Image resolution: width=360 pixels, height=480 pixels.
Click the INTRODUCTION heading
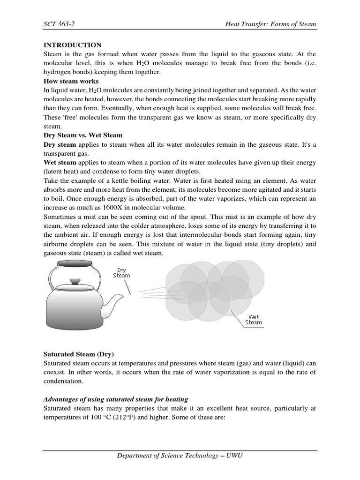(72, 45)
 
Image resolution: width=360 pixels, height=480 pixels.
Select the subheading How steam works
(71, 81)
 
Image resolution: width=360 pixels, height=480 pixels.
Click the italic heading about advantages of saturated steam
(116, 399)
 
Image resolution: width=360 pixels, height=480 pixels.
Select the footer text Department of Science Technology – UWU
(180, 456)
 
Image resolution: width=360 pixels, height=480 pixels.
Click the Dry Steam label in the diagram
(121, 273)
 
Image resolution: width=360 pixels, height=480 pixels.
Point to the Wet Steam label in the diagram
(254, 320)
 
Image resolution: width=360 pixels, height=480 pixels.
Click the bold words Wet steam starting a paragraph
(63, 162)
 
